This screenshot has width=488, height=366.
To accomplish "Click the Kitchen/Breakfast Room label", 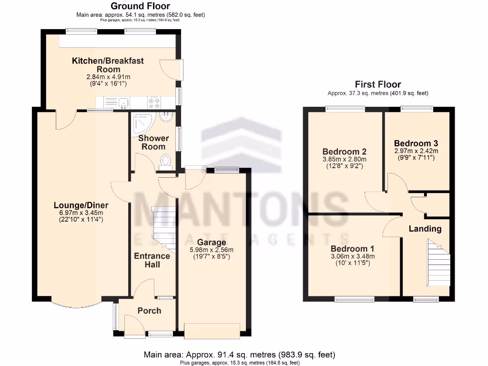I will (x=108, y=65).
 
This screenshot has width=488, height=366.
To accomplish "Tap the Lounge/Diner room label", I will (x=81, y=205).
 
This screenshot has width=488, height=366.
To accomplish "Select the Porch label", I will (x=149, y=311).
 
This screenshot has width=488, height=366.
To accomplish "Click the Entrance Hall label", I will (x=152, y=260).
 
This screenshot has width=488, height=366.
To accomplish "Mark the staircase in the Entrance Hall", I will (x=162, y=229).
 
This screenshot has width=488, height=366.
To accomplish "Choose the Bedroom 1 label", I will (x=353, y=249).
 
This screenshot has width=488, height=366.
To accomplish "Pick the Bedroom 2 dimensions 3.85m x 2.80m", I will (x=344, y=160).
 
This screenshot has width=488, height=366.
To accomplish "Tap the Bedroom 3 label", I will (x=416, y=143).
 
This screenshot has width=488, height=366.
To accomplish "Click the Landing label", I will (x=425, y=229).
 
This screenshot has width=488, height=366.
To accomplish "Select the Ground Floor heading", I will (x=141, y=6).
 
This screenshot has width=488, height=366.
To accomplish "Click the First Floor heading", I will (x=377, y=84).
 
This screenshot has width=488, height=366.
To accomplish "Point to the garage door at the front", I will (x=212, y=330).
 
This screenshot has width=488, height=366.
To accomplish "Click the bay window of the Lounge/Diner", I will (x=76, y=304).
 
